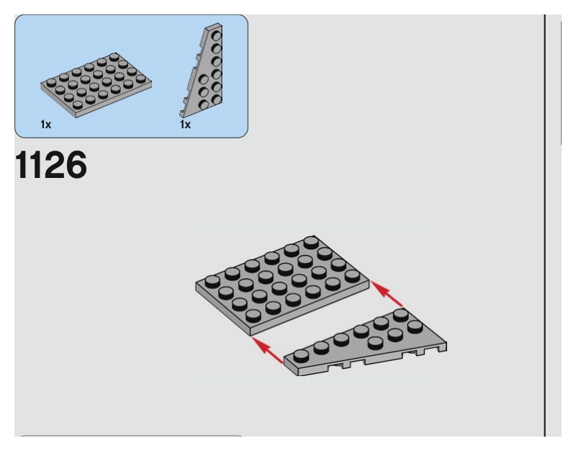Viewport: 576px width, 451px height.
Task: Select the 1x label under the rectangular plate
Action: tap(45, 125)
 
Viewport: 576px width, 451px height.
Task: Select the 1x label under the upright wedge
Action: tap(185, 125)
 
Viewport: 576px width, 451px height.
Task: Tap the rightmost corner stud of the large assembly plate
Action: tap(352, 277)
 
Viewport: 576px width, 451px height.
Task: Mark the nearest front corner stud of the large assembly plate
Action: tap(253, 315)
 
